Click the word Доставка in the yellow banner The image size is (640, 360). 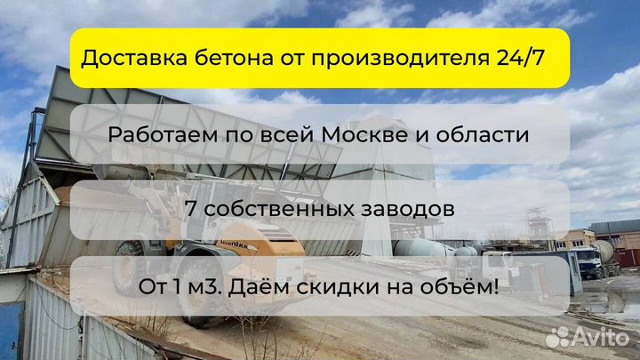pos(134,58)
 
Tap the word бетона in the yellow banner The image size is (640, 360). pos(234,58)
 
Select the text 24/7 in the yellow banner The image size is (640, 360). pos(520,58)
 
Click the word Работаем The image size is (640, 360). pos(163,134)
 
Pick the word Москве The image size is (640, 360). pos(364,134)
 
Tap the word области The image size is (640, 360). pos(483,135)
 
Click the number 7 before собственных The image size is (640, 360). pos(190,208)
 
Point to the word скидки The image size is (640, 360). pos(339,287)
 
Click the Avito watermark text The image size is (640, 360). pos(601,337)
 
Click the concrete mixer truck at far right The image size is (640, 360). pos(596,259)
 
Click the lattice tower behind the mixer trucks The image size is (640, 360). pos(539,227)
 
